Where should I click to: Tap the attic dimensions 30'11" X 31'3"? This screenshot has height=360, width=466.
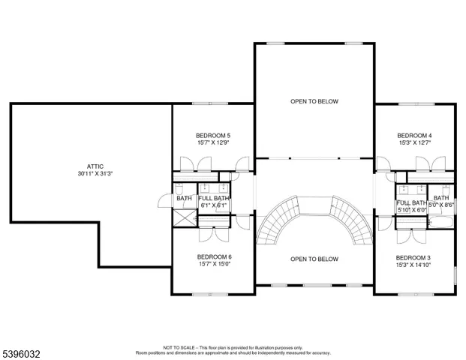pyautogui.click(x=95, y=173)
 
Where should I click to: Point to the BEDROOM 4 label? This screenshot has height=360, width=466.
pyautogui.click(x=414, y=136)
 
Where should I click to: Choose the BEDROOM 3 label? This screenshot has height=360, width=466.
pyautogui.click(x=413, y=257)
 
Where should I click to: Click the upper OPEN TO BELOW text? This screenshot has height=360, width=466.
pyautogui.click(x=314, y=100)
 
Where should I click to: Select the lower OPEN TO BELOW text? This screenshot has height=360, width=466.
pyautogui.click(x=314, y=259)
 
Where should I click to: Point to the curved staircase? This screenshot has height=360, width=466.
pyautogui.click(x=314, y=217)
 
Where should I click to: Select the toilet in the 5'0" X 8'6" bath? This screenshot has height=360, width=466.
pyautogui.click(x=445, y=190)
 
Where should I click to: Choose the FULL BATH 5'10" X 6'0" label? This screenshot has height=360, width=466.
pyautogui.click(x=411, y=206)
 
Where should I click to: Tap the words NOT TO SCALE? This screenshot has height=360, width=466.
pyautogui.click(x=179, y=347)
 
